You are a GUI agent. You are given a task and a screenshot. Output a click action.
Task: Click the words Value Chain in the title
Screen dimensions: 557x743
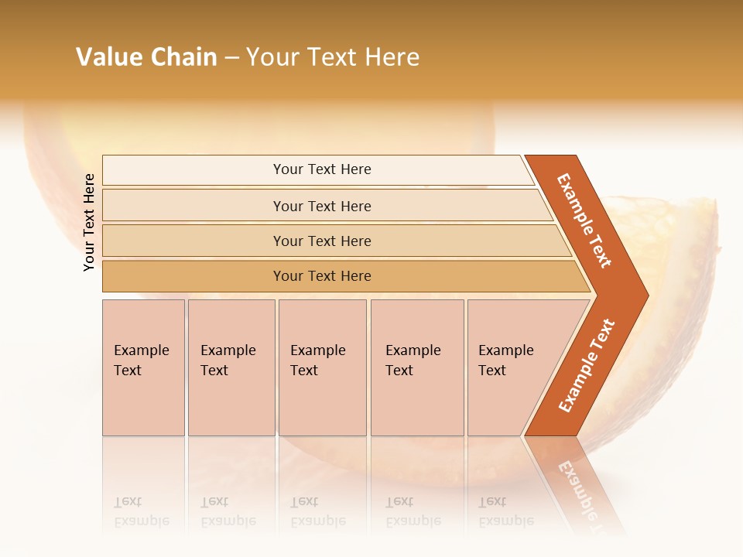[146, 57]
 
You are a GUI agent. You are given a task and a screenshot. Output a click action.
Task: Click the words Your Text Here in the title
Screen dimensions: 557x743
[333, 57]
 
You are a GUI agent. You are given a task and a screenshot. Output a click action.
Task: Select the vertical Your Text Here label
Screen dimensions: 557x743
[89, 222]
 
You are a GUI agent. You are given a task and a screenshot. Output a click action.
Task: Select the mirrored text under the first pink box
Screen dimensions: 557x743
[142, 511]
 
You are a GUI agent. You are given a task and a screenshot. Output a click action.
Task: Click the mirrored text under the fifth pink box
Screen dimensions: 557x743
[506, 511]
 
